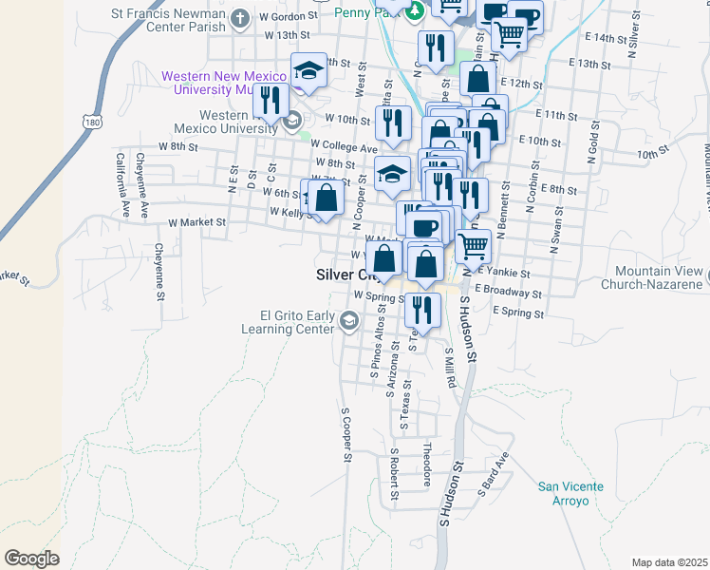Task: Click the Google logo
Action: pos(32,559)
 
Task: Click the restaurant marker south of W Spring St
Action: pos(422,311)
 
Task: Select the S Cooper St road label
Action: pos(346,438)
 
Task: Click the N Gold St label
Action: pos(593,140)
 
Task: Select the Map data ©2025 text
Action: pos(670,562)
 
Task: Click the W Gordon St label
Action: pos(285,17)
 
